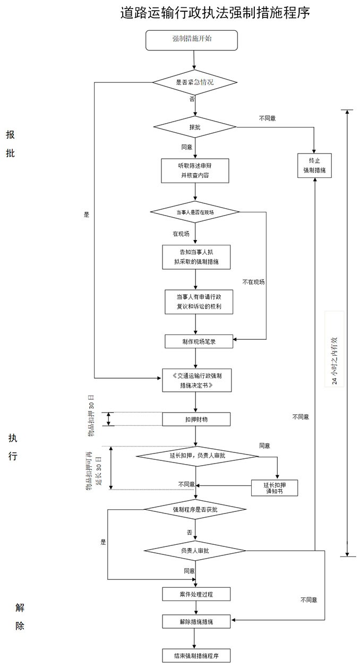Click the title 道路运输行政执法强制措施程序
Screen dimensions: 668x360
coord(215,13)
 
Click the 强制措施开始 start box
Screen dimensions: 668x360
coord(191,40)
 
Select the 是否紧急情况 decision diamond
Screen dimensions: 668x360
coord(194,82)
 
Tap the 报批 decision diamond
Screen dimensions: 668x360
coord(194,127)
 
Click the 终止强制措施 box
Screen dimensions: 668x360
coord(314,166)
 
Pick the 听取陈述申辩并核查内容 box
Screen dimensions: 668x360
coord(195,170)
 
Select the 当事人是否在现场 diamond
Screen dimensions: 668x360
coord(195,212)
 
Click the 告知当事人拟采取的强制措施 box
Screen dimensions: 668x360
coord(196,257)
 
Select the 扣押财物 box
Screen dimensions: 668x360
coord(196,419)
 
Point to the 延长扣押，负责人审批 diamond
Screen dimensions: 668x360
coord(190,456)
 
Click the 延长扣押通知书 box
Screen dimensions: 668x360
coord(274,488)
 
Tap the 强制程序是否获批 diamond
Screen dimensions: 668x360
coord(195,509)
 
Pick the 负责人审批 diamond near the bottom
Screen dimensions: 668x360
coord(195,551)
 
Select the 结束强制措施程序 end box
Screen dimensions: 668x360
coord(196,656)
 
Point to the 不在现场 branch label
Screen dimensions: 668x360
coord(253,282)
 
